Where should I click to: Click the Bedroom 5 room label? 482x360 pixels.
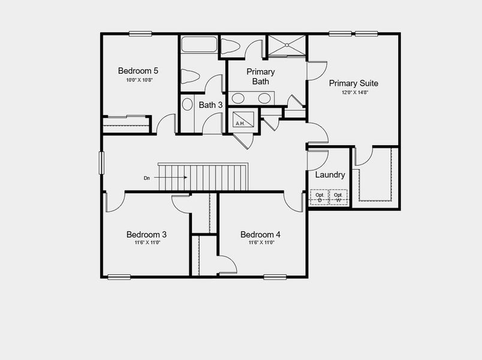[x=138, y=69]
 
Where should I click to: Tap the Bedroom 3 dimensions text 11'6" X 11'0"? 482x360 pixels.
[x=146, y=243]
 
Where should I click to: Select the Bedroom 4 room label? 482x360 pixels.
[x=260, y=234]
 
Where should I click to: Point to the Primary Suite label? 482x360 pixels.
[x=353, y=83]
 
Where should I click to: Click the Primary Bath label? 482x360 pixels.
[x=261, y=76]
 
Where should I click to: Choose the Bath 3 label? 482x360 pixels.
[x=211, y=105]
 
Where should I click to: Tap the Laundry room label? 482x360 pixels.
[x=330, y=175]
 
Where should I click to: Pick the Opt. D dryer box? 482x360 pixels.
[x=320, y=198]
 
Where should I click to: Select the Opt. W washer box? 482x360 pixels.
[x=338, y=198]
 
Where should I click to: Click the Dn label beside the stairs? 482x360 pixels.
[x=146, y=178]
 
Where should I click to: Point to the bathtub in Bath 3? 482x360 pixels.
[x=199, y=45]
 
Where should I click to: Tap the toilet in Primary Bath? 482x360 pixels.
[x=231, y=46]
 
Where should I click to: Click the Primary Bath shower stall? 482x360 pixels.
[x=287, y=45]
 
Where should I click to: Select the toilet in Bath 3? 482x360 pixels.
[x=190, y=76]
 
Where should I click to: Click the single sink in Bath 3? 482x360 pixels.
[x=186, y=106]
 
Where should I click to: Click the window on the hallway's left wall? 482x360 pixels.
[x=101, y=164]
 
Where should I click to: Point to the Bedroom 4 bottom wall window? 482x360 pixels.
[x=275, y=277]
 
